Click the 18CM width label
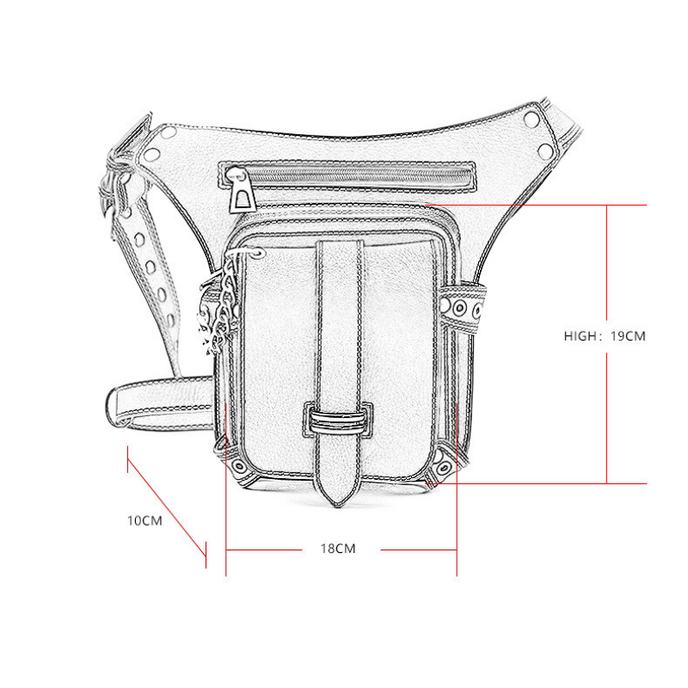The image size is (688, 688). click(337, 549)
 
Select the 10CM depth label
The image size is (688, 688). click(144, 521)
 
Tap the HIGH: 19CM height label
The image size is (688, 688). click(605, 336)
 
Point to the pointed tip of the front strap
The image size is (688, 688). click(338, 506)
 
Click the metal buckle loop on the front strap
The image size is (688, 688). click(337, 420)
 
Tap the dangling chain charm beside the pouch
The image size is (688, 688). click(219, 307)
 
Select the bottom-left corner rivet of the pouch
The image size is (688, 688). click(238, 465)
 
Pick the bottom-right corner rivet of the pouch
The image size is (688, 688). click(443, 468)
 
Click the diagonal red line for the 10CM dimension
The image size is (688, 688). click(167, 507)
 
